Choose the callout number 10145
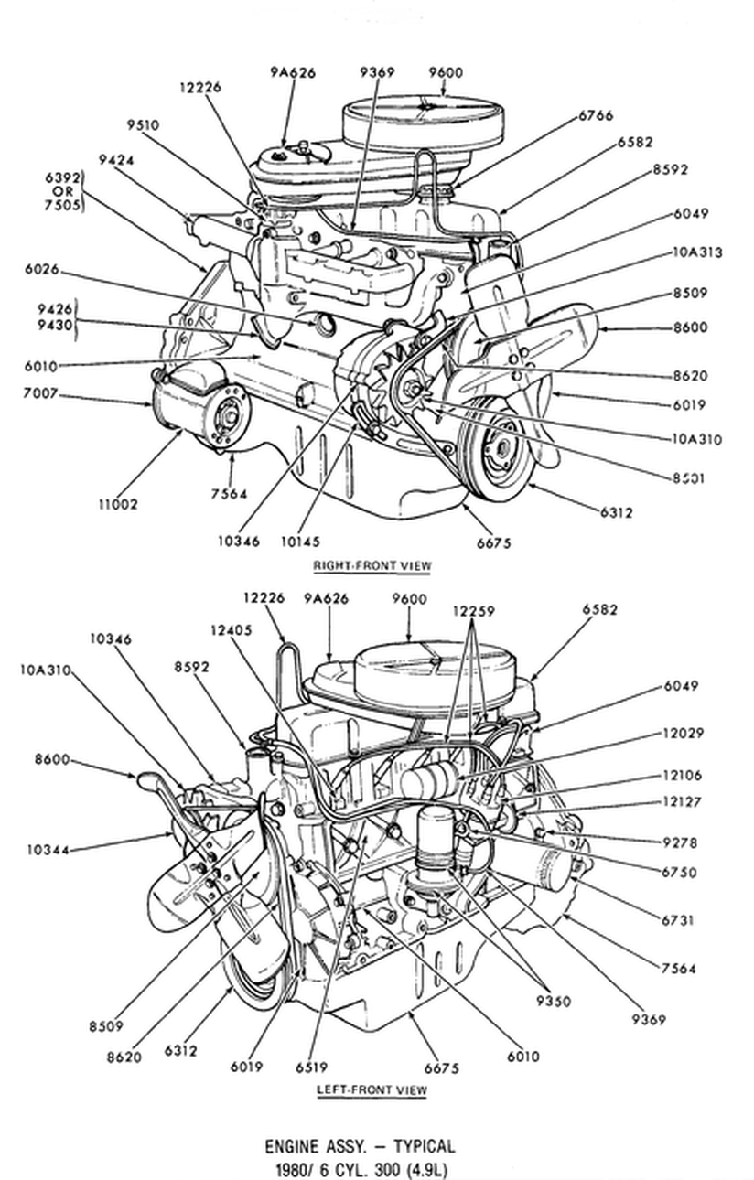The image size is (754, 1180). [x=302, y=542]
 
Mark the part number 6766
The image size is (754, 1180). [x=595, y=116]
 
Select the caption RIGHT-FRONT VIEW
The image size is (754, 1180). [x=372, y=566]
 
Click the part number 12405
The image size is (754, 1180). [x=229, y=630]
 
